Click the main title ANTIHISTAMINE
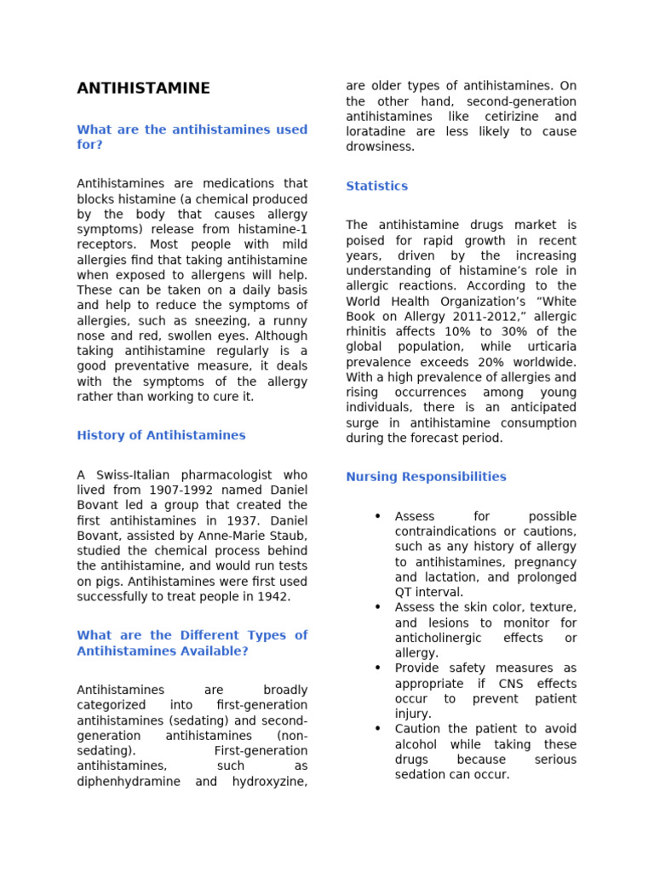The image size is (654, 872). (x=143, y=89)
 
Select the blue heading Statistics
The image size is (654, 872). (x=376, y=186)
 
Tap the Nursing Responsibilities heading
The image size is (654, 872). (x=426, y=477)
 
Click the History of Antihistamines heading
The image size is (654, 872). (x=161, y=435)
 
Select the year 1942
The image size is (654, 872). (x=272, y=597)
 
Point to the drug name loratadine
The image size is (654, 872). (x=377, y=132)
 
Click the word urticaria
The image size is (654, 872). (x=546, y=347)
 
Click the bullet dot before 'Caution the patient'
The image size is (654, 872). (x=377, y=729)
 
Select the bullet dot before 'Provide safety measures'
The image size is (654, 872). (x=377, y=668)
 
